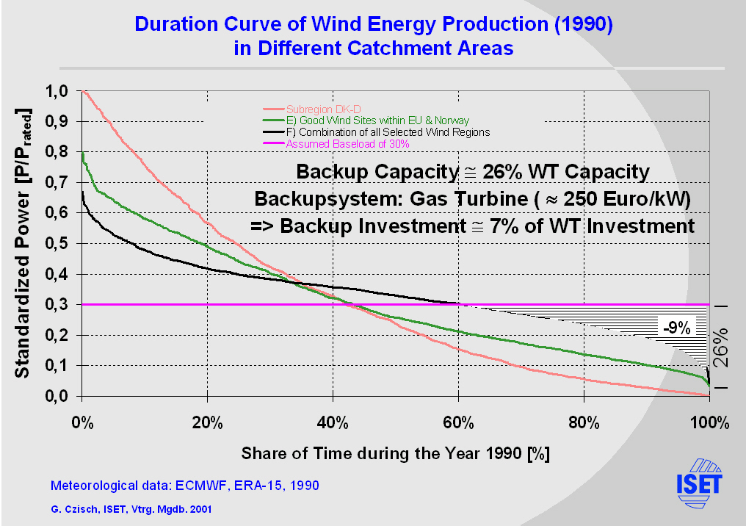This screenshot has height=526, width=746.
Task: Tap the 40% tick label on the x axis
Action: coord(333,422)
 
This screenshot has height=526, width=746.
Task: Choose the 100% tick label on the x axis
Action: coord(709,422)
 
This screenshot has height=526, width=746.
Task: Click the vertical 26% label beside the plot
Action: coord(722,347)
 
